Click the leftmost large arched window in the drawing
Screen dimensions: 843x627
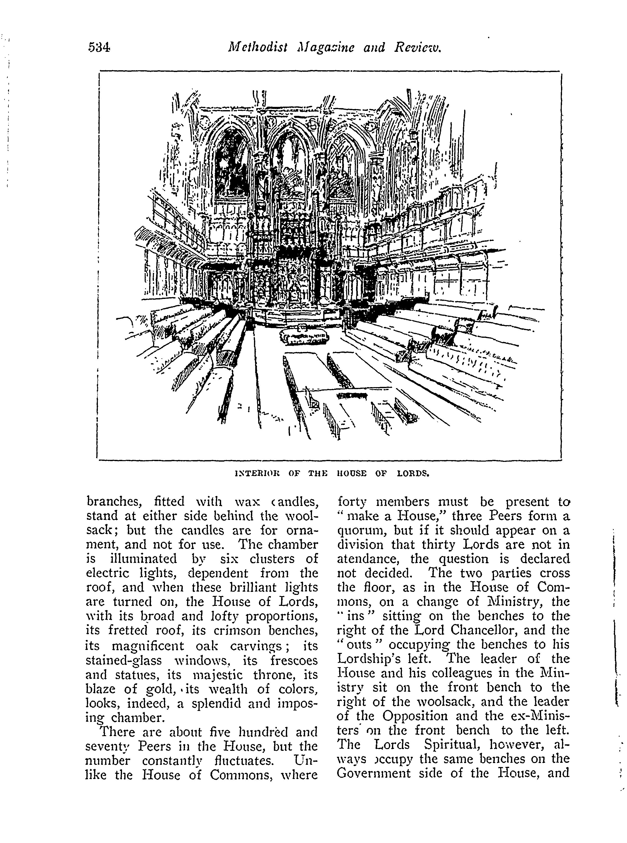pos(231,163)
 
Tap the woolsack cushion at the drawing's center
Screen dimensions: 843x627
pos(304,338)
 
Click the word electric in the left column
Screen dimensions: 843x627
pos(111,573)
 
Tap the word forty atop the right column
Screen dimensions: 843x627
pos(353,502)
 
